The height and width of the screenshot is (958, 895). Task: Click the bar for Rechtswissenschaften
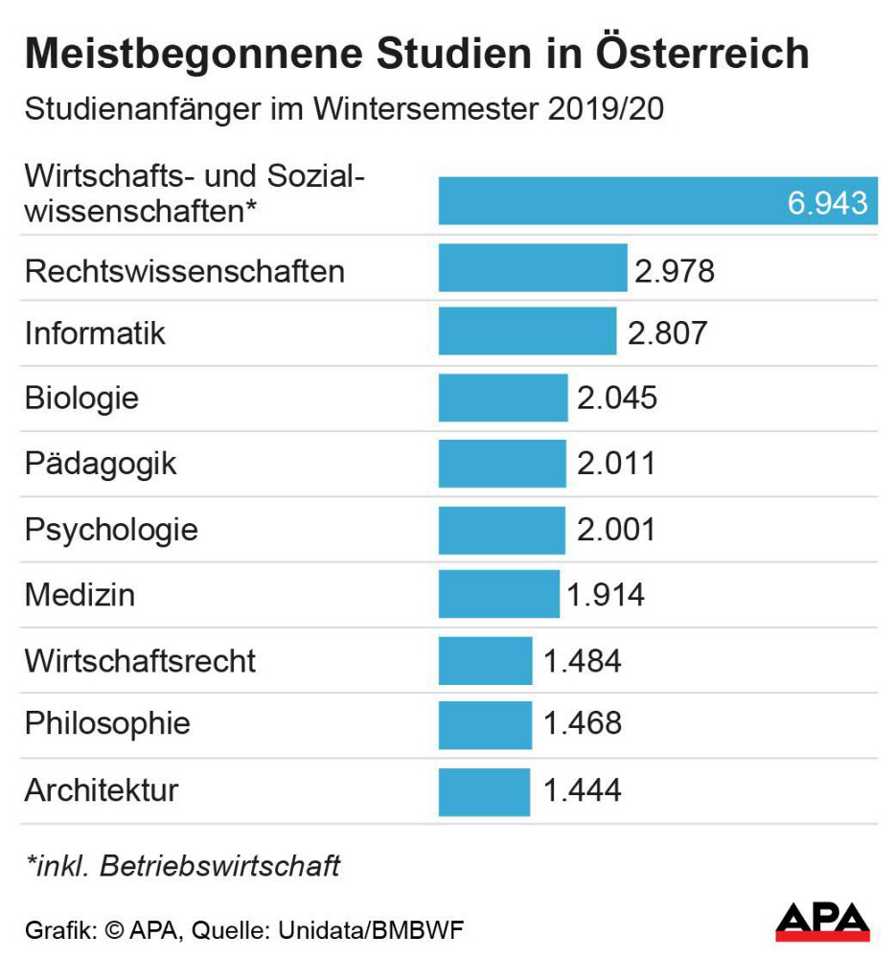tap(533, 268)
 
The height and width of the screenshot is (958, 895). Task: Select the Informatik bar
tap(527, 332)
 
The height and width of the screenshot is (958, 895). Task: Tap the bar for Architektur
tap(484, 790)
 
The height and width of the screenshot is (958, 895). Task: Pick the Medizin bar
tap(498, 594)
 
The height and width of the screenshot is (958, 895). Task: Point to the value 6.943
tap(827, 203)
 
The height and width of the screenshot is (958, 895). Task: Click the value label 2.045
tap(617, 398)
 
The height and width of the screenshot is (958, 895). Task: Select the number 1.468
tap(583, 723)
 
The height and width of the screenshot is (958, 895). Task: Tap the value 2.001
tap(616, 529)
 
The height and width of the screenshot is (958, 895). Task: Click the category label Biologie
tap(81, 398)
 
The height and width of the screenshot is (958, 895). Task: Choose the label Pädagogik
tap(101, 464)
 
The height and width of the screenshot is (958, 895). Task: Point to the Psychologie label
tap(111, 529)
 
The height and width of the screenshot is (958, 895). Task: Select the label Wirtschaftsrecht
tap(140, 660)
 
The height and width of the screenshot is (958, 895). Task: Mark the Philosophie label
tap(107, 723)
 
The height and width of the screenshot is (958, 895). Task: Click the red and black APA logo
tap(822, 923)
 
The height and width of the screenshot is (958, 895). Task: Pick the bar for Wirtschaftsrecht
tap(485, 660)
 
